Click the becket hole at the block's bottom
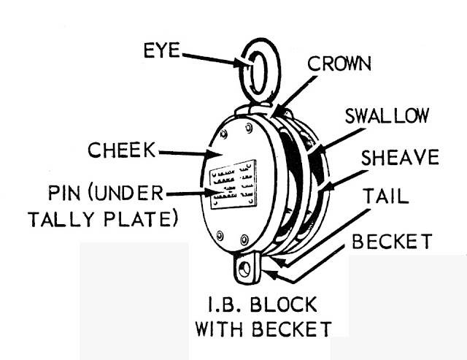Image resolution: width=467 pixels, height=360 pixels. click(x=245, y=269)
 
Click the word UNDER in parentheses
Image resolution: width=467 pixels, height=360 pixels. click(x=131, y=194)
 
